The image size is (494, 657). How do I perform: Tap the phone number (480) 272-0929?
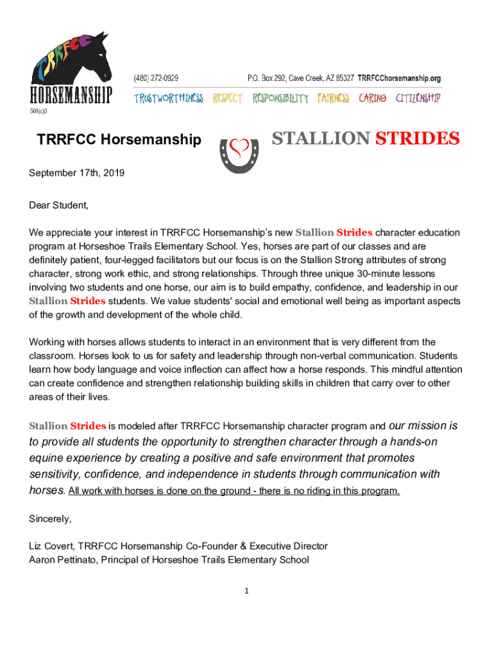[156, 78]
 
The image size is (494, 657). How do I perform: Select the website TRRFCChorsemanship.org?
[399, 78]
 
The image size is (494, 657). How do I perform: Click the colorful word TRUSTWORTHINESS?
[168, 98]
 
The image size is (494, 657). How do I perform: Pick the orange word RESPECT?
[228, 98]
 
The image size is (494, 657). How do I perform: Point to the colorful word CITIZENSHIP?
[418, 98]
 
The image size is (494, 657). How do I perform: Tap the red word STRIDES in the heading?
[417, 138]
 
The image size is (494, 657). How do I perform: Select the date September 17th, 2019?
[77, 173]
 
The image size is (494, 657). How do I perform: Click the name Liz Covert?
[52, 546]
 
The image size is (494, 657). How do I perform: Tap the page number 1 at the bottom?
[246, 591]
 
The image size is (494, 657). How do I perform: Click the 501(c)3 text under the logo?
[38, 111]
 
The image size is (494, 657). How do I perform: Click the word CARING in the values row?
[372, 98]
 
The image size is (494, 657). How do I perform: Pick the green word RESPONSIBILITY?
[280, 98]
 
